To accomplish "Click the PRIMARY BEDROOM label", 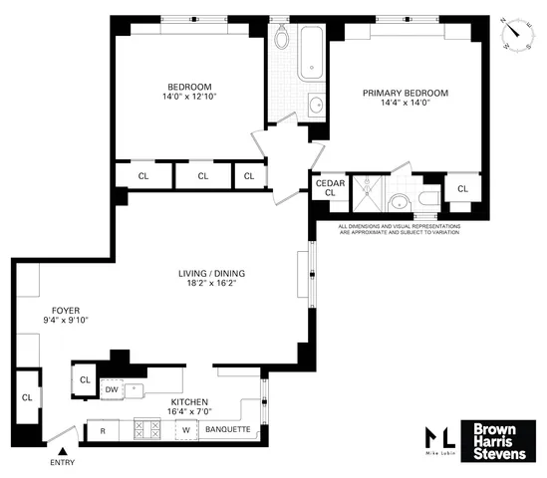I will point(405,94).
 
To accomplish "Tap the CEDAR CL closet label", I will point(329,188).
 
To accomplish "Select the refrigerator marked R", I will point(102,430).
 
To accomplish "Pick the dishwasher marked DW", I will point(112,389).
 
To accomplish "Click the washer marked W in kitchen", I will point(184,430).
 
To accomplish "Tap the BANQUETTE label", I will point(226,430).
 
